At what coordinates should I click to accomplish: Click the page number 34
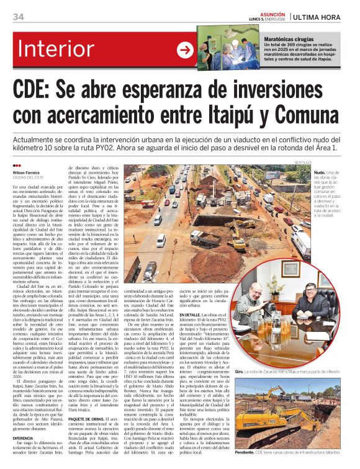point(18,16)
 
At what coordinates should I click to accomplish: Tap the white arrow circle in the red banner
point(185,50)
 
